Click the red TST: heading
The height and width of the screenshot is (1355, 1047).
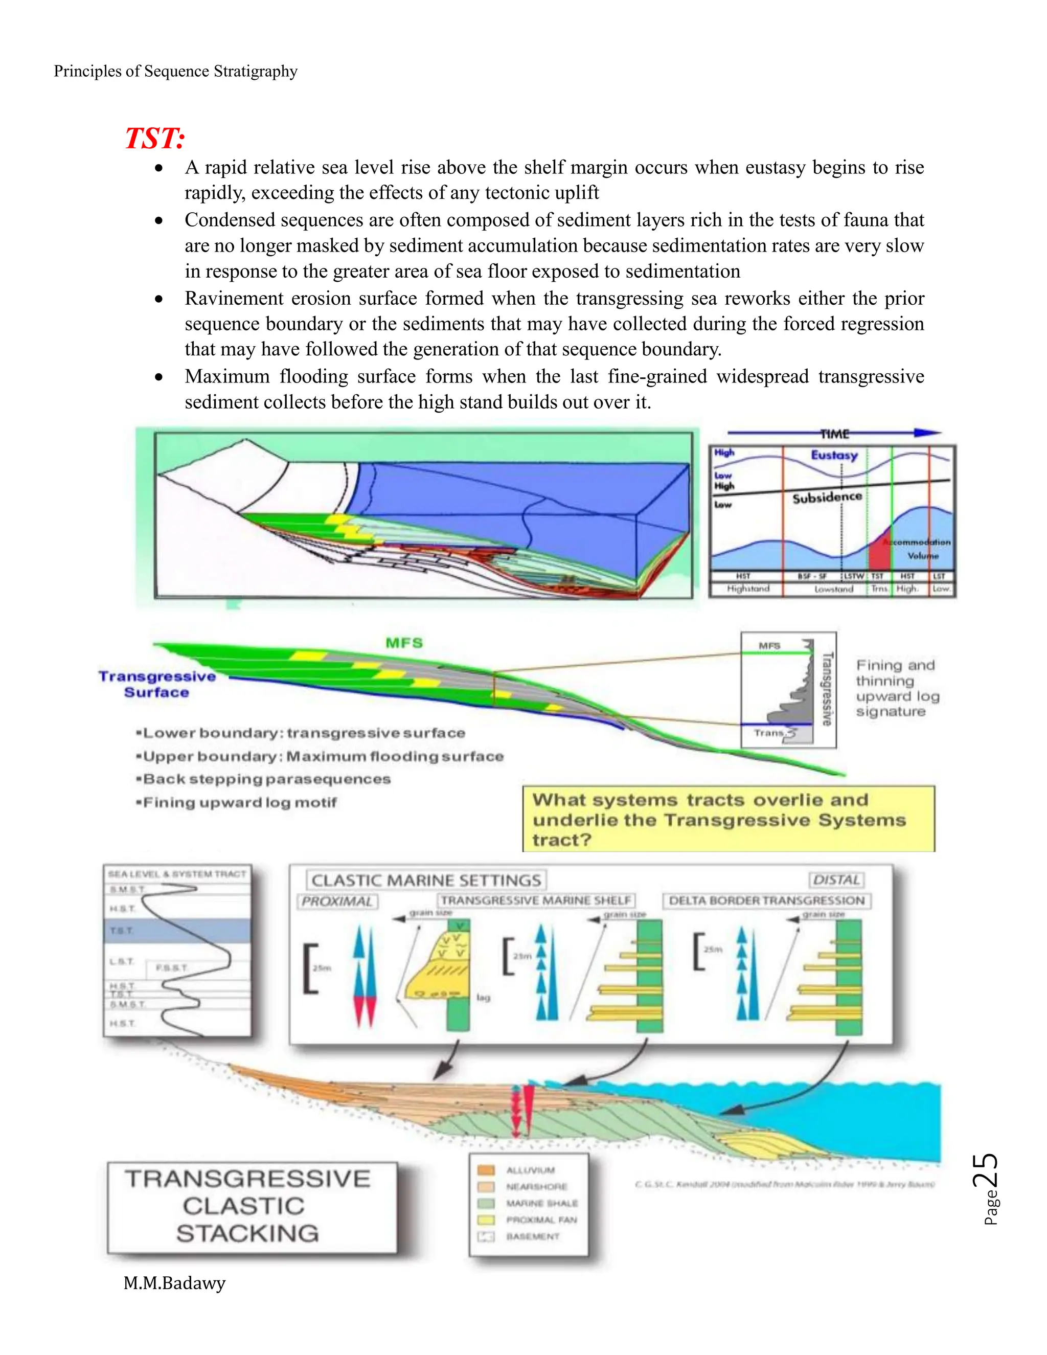[x=155, y=138]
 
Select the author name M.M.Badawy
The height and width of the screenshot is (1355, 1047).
[x=174, y=1282]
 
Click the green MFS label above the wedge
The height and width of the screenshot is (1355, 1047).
[x=404, y=643]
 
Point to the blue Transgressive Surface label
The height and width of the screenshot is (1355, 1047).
[x=157, y=684]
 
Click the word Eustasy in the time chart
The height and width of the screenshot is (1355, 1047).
[x=834, y=455]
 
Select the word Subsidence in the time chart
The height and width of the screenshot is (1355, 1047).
[x=827, y=497]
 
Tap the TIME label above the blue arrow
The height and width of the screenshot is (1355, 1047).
[x=834, y=434]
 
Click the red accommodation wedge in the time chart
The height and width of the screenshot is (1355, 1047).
[x=879, y=550]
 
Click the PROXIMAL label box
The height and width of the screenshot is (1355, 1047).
[x=337, y=901]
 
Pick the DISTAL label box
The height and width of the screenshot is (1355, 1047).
[x=836, y=880]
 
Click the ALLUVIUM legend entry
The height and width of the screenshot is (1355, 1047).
[x=530, y=1170]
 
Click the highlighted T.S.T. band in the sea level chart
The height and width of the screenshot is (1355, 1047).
[x=177, y=930]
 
